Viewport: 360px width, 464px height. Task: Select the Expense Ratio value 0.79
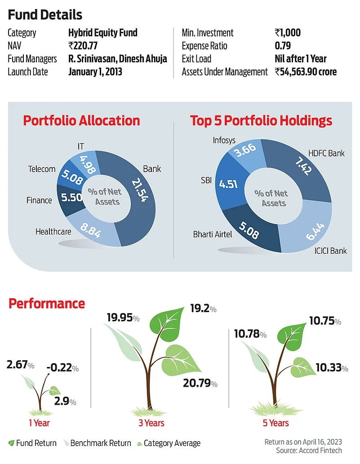283,45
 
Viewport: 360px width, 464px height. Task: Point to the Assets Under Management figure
306,72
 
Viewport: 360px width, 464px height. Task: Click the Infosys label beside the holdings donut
224,141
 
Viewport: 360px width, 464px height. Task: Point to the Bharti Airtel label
213,235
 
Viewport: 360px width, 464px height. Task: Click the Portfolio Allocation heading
81,121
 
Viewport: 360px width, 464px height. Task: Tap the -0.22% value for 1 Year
62,368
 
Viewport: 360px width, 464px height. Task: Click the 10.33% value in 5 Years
331,367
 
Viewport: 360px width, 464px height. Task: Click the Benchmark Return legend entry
100,443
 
